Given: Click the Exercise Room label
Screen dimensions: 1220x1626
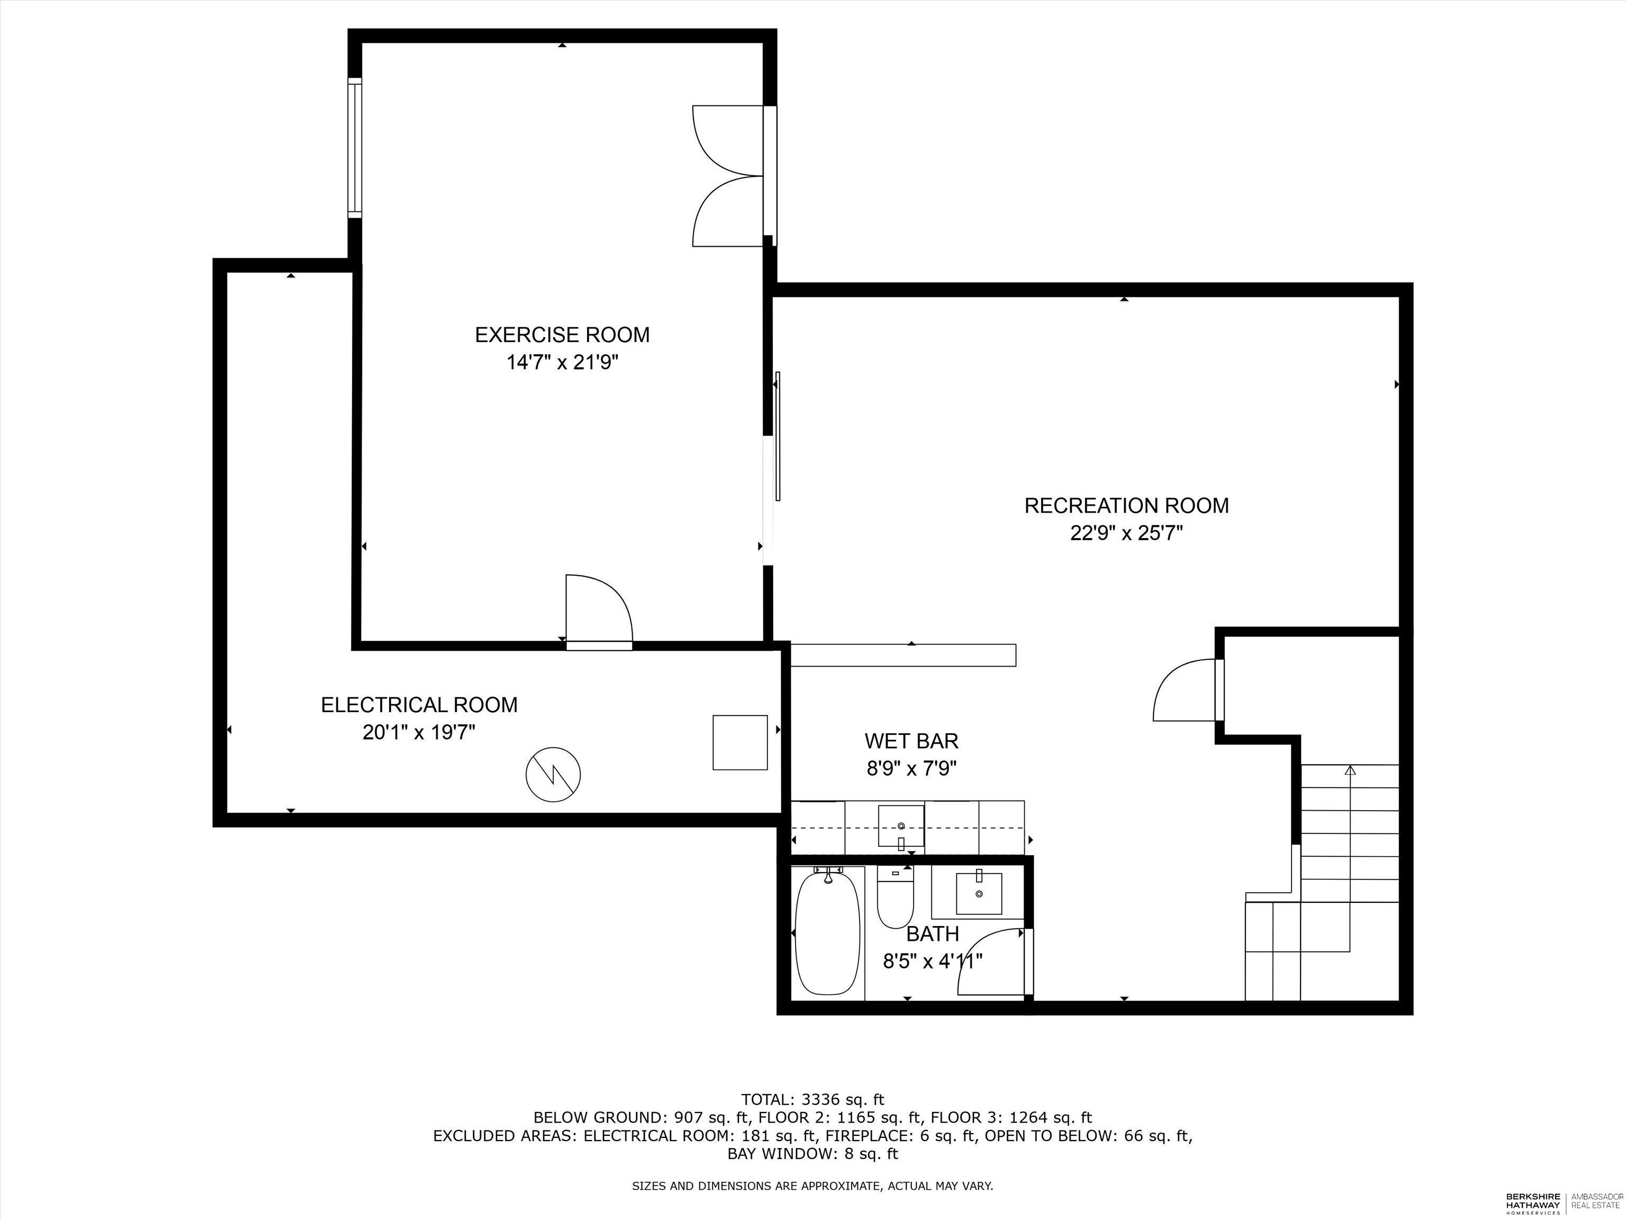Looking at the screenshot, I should click(x=562, y=335).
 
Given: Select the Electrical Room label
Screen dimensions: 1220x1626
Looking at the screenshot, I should click(x=419, y=704).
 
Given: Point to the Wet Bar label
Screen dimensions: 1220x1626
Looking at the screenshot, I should click(x=911, y=741).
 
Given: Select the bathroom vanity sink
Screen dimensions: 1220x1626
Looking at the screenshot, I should click(x=978, y=893).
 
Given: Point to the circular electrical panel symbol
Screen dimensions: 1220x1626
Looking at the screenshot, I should click(x=553, y=774).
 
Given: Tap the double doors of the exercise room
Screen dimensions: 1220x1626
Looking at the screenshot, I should click(x=728, y=176).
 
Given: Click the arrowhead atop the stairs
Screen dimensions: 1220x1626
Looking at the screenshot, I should click(x=1350, y=770).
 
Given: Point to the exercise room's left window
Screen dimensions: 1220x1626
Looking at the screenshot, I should click(x=355, y=147).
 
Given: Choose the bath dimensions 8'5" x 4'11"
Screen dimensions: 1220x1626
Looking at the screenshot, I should click(x=932, y=961).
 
